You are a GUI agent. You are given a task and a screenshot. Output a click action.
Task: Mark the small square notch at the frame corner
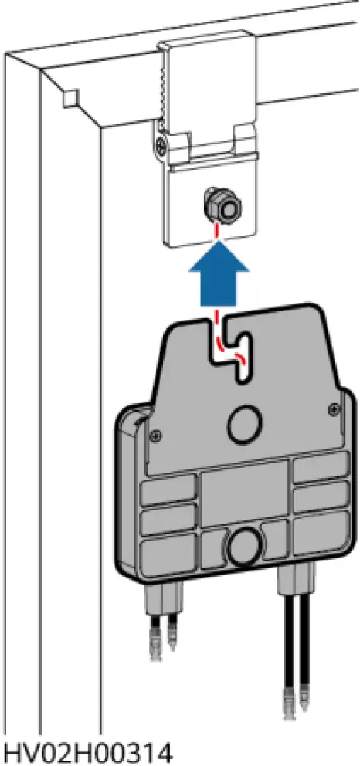point(70,98)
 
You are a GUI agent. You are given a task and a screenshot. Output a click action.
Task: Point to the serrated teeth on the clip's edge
point(165,85)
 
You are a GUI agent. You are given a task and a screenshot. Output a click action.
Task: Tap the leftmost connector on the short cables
point(154,649)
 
